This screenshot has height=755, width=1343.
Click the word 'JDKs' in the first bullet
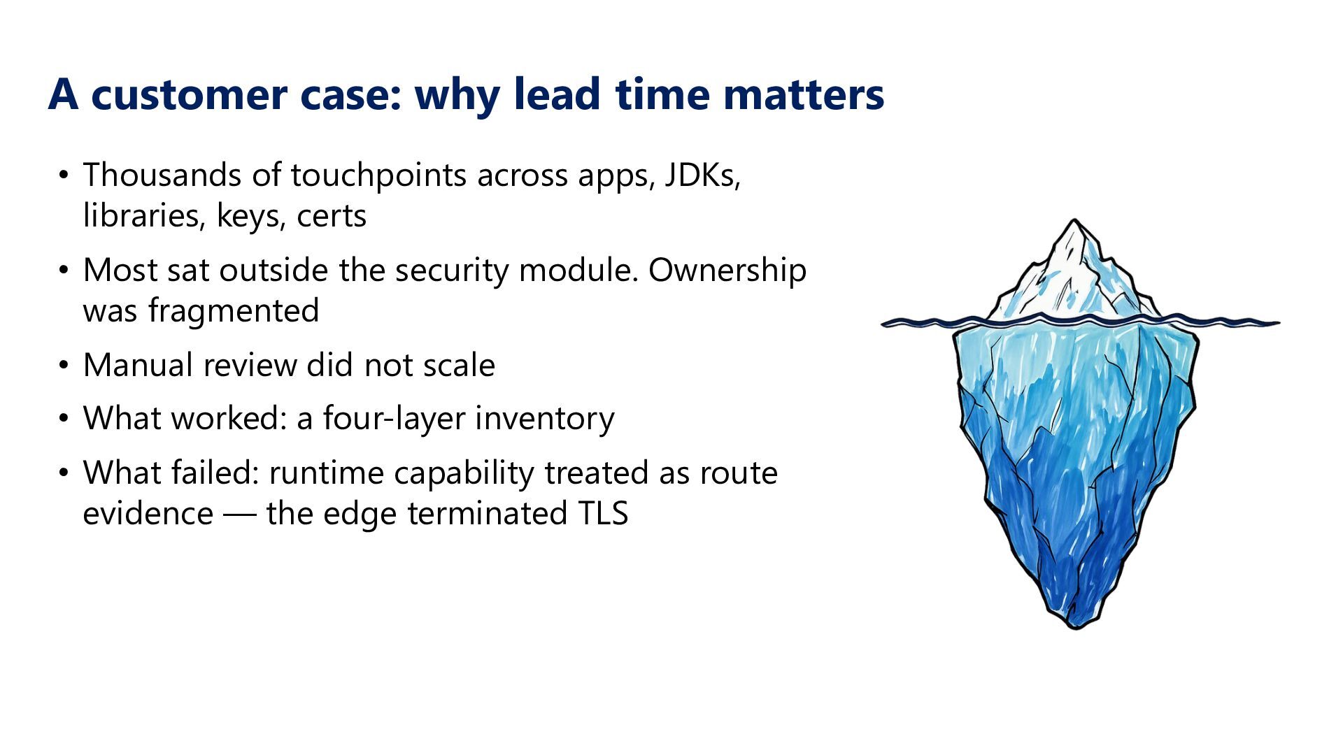point(702,175)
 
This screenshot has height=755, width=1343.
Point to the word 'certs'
point(332,215)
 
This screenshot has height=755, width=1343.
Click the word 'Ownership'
point(727,271)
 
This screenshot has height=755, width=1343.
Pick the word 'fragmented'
point(234,310)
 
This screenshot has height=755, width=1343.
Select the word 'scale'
point(459,365)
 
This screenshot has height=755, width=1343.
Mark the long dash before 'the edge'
point(240,515)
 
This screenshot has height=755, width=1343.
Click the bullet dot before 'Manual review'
point(64,366)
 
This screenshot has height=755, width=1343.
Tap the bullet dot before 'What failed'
point(64,473)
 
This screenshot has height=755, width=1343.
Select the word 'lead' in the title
point(557,94)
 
